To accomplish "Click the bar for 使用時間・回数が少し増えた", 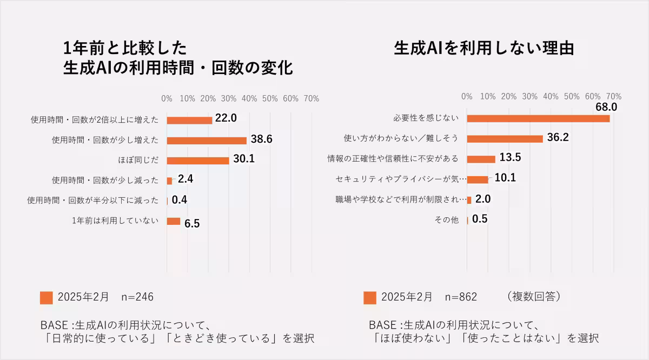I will point(207,141).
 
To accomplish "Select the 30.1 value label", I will point(243,159).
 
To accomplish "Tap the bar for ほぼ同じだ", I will point(198,161).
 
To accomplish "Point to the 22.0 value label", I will point(226,118).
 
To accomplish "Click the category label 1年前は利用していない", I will point(115,221).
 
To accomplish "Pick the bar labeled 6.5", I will point(174,221).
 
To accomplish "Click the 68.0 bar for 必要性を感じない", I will point(538,118).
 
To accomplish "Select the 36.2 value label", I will point(558,137).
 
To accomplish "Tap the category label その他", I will point(447,220).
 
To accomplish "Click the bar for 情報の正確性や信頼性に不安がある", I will point(481,159).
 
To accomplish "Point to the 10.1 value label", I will point(505,178).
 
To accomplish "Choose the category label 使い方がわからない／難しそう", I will point(401,138).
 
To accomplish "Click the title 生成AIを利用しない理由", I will point(484,48).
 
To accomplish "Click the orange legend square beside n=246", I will point(47,298).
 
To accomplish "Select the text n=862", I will point(461,297).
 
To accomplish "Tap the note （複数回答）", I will point(534,297).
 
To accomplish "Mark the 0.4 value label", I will point(180,200).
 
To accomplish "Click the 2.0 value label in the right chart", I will point(482,199).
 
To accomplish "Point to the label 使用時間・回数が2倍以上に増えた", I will point(95,120).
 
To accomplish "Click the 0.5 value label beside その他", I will point(480,219).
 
